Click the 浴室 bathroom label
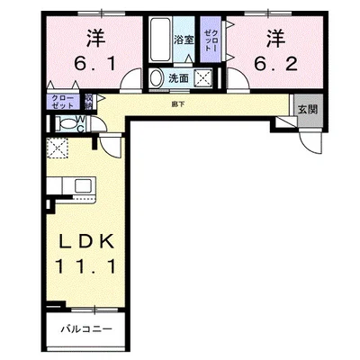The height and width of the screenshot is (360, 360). pyautogui.click(x=184, y=40)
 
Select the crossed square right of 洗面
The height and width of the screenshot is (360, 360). pyautogui.click(x=202, y=78)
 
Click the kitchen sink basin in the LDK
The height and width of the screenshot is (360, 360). pyautogui.click(x=82, y=186)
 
